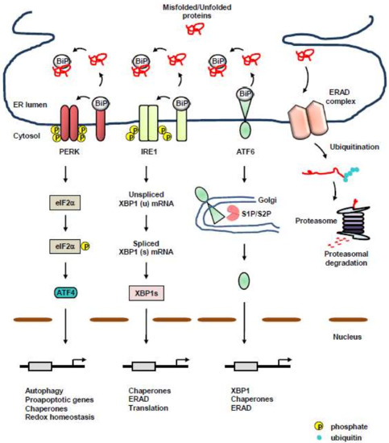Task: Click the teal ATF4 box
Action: coord(43,296)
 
